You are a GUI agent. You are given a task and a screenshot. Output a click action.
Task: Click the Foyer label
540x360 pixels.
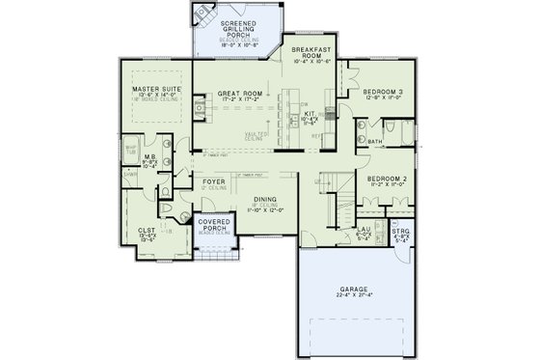[x=214, y=181]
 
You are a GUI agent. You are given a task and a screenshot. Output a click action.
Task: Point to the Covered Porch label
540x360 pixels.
[x=214, y=226]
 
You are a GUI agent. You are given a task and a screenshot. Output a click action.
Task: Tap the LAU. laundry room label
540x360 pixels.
[x=364, y=231]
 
